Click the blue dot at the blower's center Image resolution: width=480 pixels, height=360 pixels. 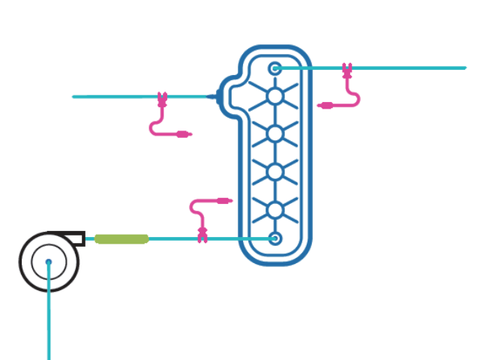49,262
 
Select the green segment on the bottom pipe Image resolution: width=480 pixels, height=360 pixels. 121,238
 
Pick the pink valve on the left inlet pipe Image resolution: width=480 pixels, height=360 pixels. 161,98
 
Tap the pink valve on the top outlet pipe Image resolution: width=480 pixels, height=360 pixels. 346,70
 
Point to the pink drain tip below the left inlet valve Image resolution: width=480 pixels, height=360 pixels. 184,135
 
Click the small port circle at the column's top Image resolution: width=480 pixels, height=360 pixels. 275,68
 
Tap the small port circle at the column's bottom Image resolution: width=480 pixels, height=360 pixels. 275,238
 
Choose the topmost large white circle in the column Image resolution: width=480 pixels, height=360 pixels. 275,97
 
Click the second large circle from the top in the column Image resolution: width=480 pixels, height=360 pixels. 275,134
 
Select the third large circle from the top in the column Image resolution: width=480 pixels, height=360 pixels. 275,172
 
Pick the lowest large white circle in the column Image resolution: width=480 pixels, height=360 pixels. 275,209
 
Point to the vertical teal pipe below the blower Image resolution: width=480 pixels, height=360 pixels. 49,322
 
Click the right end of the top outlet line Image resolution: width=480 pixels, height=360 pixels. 464,68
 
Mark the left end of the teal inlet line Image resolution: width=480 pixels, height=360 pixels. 74,97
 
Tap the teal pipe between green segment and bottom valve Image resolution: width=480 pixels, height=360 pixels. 172,238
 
